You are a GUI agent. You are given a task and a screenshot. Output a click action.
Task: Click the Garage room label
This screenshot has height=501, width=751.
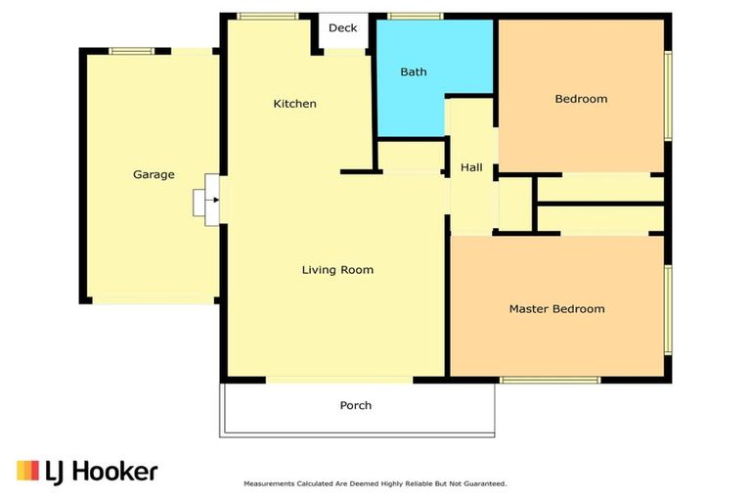[x=154, y=175]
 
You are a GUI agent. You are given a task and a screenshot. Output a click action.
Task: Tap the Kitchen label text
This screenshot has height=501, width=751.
[x=294, y=104]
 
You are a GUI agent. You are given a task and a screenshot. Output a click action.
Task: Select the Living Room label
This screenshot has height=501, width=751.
[x=337, y=270]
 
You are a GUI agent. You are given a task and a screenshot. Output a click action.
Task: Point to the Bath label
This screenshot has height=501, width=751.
[x=414, y=71]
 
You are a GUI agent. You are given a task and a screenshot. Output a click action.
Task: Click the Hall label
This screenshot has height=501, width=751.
[x=471, y=168]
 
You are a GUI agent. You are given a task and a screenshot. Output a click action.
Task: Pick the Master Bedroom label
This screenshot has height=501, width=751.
[x=556, y=309]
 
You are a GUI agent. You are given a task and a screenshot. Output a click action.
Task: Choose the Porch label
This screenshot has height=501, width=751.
[x=356, y=405]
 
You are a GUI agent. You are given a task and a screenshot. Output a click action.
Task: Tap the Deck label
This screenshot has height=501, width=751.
[x=342, y=28]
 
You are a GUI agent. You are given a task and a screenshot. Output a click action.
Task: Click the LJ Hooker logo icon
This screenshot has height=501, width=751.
[x=27, y=471]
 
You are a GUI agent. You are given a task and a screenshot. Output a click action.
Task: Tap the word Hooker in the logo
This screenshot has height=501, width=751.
[x=114, y=472]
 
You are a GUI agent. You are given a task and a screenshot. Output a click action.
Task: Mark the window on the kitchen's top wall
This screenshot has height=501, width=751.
[x=268, y=17]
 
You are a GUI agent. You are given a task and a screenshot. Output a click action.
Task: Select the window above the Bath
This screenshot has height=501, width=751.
[x=415, y=17]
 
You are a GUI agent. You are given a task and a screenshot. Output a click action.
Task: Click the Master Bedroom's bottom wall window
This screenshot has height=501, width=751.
[x=550, y=380]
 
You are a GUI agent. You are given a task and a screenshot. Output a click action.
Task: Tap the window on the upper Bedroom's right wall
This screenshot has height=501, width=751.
[x=669, y=95]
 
